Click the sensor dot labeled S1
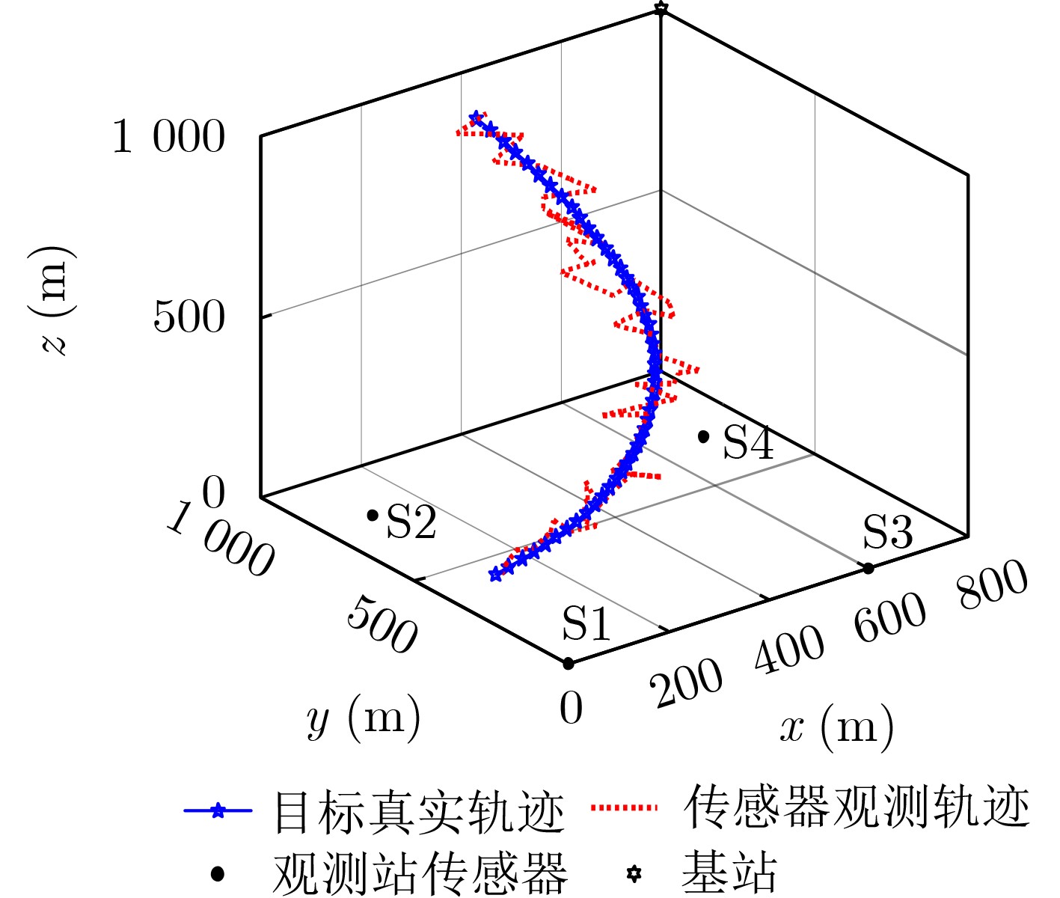coord(568,663)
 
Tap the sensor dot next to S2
coord(372,515)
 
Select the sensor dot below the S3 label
coord(868,569)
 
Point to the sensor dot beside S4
coord(703,436)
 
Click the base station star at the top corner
coord(660,8)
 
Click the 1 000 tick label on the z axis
coord(168,138)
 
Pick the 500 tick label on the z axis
coord(189,317)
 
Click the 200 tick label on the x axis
coord(687,682)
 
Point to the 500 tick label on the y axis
coord(382,624)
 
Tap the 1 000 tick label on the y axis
coord(220,540)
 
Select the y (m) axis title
coord(364,720)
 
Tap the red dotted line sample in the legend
coord(624,808)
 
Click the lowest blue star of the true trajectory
coord(494,575)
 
